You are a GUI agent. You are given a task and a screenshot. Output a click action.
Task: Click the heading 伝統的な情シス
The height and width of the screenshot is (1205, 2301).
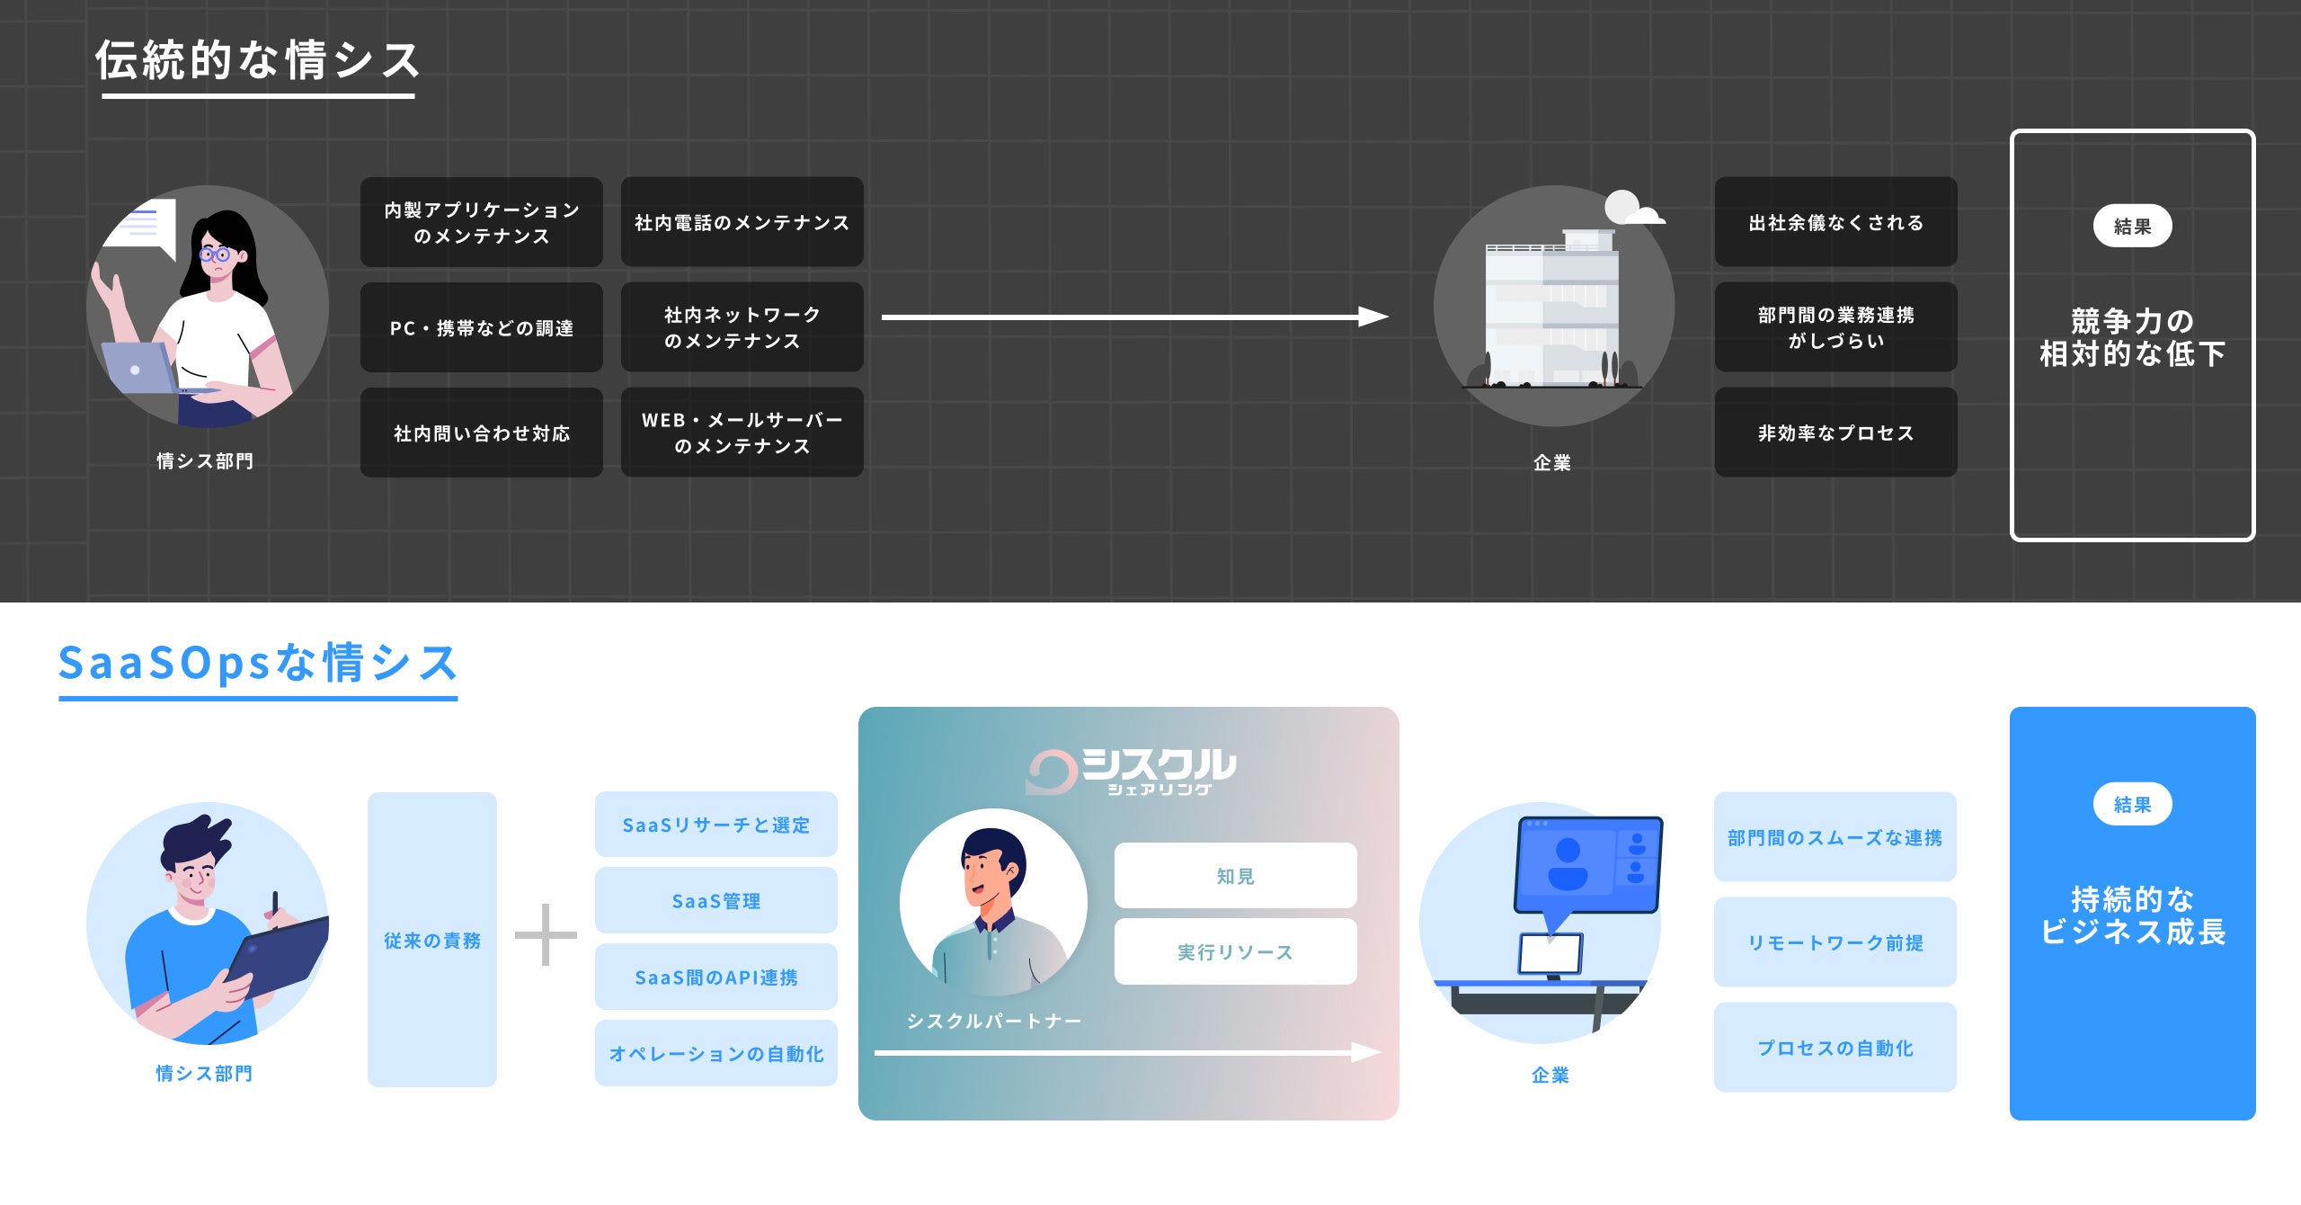point(258,61)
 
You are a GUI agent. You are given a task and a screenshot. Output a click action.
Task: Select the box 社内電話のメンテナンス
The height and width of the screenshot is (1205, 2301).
point(742,222)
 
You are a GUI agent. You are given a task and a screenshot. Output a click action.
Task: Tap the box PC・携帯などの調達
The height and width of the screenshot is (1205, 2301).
point(481,327)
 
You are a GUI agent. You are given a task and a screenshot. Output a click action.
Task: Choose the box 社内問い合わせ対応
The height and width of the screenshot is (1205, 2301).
point(481,433)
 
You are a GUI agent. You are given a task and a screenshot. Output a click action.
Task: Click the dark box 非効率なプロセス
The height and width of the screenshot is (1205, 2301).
point(1835,433)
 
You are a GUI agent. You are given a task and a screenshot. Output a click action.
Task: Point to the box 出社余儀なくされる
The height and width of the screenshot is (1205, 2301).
point(1835,222)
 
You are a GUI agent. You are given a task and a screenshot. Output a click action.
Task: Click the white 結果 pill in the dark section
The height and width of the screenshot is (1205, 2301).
point(2132,226)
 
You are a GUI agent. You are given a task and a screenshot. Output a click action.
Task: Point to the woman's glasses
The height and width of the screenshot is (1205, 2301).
point(217,254)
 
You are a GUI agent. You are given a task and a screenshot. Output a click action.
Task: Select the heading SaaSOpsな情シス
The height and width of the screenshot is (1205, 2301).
point(258,663)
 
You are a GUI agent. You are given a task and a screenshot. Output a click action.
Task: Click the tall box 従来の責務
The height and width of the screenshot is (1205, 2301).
point(432,940)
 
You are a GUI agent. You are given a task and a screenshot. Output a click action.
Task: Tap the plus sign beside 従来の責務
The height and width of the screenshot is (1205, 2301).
point(546,935)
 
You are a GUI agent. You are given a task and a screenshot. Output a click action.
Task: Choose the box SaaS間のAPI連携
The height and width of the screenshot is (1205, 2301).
point(715,977)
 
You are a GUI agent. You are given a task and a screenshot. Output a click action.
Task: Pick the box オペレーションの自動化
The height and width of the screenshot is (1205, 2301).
point(715,1053)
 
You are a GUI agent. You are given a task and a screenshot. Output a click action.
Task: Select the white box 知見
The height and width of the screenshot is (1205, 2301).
point(1235,875)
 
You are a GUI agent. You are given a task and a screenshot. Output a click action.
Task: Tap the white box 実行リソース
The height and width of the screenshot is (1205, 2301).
point(1235,951)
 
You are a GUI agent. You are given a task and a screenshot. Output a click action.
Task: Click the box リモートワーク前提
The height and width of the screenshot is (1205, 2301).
point(1835,942)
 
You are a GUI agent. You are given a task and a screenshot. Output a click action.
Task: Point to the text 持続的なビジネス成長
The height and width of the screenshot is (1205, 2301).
point(2132,915)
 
